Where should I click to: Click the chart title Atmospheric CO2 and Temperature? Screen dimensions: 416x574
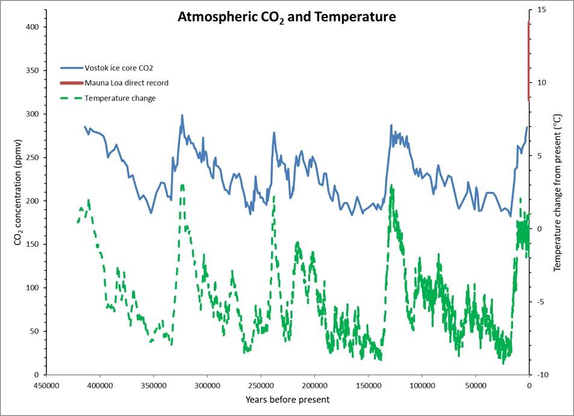click(287, 17)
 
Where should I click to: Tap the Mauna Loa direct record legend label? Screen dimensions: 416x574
click(126, 83)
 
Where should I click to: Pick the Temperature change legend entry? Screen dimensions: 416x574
click(120, 98)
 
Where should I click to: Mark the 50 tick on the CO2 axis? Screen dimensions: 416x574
click(34, 331)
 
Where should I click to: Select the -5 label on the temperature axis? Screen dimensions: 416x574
click(540, 302)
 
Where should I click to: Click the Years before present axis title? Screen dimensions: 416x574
click(287, 400)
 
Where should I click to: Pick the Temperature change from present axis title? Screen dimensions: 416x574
click(557, 193)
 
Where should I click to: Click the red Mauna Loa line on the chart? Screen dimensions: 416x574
click(529, 60)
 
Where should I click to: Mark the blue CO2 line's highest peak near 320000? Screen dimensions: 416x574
click(182, 115)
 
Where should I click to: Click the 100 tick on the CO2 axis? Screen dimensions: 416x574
click(31, 288)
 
